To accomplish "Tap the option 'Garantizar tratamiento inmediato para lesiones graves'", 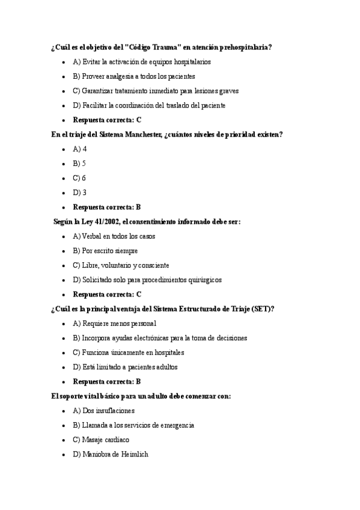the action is [156, 91].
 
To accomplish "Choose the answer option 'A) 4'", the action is [80, 149].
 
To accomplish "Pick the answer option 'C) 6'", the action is [80, 178].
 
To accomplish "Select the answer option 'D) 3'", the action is [80, 192].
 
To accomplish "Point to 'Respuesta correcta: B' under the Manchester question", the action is [106, 207].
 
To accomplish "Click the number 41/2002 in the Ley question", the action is [106, 222].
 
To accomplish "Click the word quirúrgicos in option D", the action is [203, 280].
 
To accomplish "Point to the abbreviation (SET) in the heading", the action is [263, 309].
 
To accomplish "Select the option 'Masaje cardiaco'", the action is [101, 440].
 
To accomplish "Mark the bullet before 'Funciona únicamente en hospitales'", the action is [64, 352].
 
